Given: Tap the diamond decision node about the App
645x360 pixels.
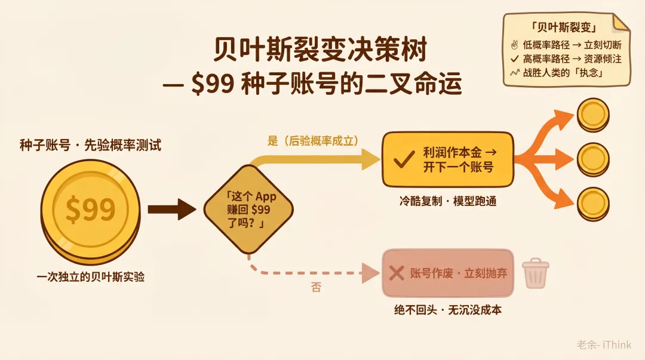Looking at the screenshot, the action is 248,210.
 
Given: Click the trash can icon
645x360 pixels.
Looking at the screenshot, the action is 536,273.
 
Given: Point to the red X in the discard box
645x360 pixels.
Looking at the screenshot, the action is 397,273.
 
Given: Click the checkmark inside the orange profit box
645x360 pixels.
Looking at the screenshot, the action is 405,159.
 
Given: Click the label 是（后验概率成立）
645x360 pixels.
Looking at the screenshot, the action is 312,141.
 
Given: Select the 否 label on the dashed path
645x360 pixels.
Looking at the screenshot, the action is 316,287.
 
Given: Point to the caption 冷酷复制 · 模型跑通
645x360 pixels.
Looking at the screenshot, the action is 448,201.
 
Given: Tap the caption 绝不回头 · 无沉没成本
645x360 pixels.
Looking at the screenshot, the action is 448,310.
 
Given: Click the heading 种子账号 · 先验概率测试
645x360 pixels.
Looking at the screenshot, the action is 91,145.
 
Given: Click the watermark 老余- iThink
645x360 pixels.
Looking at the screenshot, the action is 604,344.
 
